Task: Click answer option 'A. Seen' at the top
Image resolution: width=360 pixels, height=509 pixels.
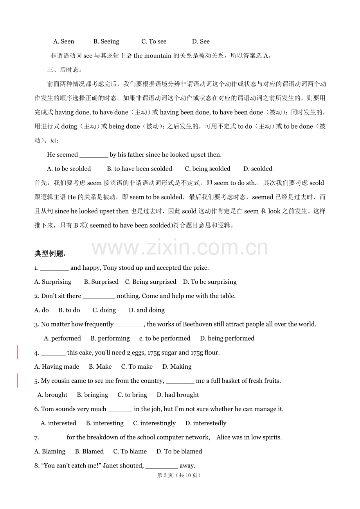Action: (63, 41)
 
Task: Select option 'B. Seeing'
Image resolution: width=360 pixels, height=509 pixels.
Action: (106, 41)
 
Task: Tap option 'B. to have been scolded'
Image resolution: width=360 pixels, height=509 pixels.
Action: (139, 169)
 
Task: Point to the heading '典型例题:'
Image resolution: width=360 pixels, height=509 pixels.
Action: (50, 254)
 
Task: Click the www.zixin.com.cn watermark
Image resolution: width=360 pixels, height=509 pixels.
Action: (180, 248)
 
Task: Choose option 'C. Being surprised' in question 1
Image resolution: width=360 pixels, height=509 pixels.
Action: (151, 282)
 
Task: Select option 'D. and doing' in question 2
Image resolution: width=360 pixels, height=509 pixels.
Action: (146, 310)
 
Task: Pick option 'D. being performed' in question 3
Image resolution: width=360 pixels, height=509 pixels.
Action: (227, 339)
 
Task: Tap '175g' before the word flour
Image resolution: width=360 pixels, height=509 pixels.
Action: (197, 353)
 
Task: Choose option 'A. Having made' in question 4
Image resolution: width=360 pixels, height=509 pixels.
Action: (57, 367)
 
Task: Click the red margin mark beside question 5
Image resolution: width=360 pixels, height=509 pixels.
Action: (17, 380)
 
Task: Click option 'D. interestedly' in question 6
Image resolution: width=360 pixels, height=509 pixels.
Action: (205, 423)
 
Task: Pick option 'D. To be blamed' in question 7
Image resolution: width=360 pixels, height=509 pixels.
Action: (179, 452)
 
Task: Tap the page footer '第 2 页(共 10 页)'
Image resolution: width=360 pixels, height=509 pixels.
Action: (179, 475)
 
